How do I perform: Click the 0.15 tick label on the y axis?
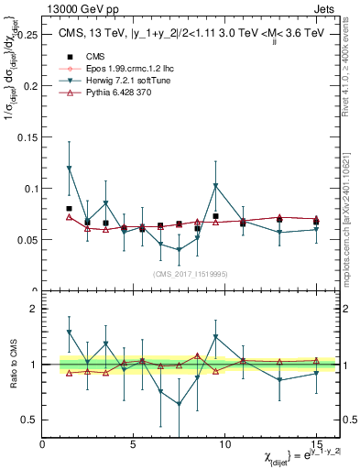point(27,137)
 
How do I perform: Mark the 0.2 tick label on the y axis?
point(30,86)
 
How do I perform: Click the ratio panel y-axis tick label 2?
point(34,309)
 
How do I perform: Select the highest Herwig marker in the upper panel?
point(70,168)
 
